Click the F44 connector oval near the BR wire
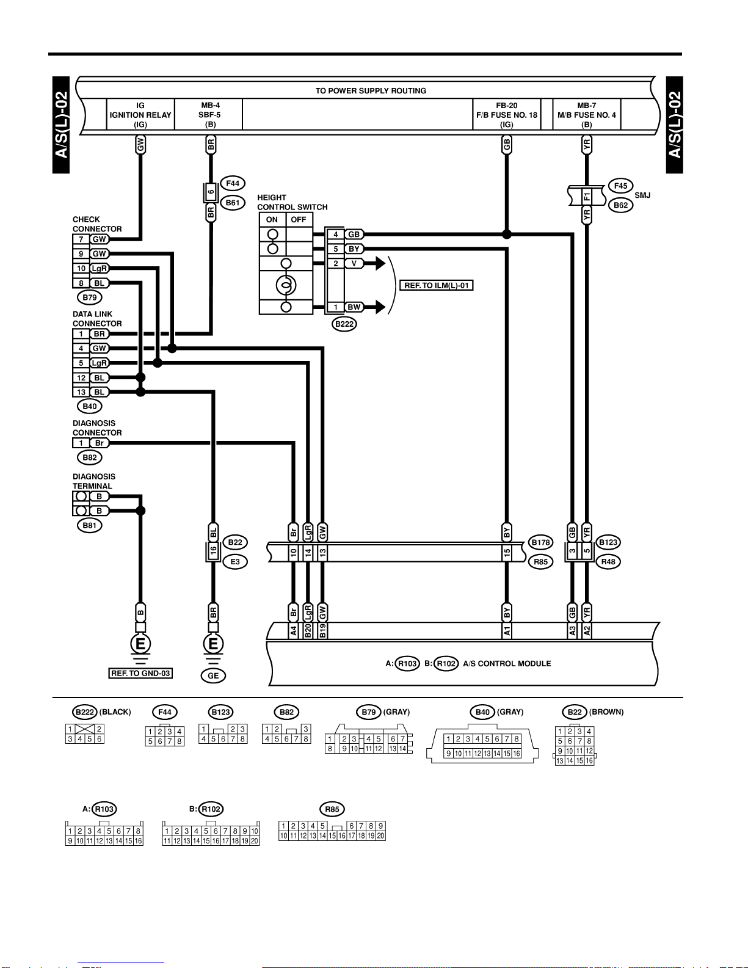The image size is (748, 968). (233, 183)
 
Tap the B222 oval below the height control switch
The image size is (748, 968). (344, 324)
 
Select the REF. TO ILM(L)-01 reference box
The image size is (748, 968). (437, 285)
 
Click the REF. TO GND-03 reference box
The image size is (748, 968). (140, 673)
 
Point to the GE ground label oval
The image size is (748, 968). (213, 675)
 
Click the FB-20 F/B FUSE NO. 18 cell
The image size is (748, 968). (507, 114)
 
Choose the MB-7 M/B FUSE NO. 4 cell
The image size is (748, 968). (586, 114)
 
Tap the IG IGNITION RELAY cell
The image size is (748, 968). (140, 114)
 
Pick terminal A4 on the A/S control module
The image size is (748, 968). (294, 631)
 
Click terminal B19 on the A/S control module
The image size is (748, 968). (323, 631)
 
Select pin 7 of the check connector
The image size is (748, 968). (81, 239)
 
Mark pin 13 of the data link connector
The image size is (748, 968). (81, 392)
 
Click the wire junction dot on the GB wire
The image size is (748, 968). (507, 235)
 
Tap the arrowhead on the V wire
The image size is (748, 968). (380, 263)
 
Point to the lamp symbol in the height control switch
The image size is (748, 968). (286, 285)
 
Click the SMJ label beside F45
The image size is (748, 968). (642, 195)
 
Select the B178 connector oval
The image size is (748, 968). (540, 542)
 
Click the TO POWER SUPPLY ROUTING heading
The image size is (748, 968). (371, 91)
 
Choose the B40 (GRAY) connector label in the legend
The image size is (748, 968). (496, 712)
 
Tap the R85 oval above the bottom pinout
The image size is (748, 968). (332, 809)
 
